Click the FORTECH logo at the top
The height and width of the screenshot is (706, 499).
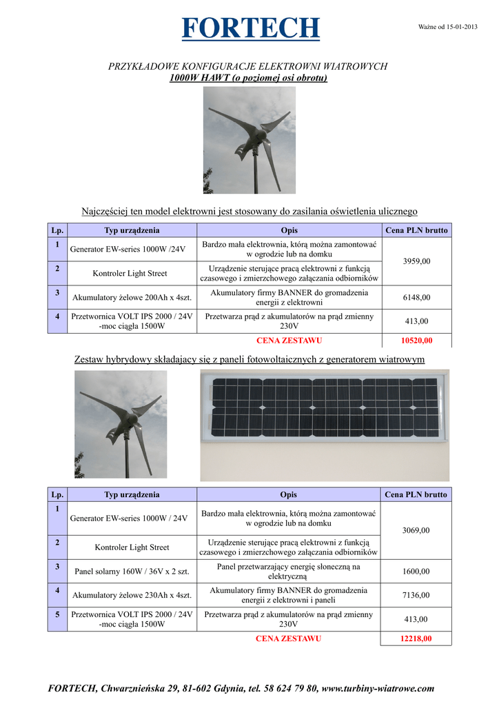pos(251,28)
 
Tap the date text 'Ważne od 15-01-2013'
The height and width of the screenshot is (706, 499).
pos(448,27)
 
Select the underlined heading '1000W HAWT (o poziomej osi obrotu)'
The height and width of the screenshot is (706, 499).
pos(248,78)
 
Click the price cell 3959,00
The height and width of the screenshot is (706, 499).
pos(416,261)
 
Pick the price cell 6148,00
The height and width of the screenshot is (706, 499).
pos(416,297)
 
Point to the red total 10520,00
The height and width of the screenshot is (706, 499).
pos(416,341)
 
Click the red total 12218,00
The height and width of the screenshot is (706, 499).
pos(416,638)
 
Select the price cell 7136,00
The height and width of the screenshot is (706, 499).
pos(416,595)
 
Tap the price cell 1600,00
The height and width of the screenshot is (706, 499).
pos(416,572)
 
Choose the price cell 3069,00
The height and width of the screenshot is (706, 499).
pos(416,530)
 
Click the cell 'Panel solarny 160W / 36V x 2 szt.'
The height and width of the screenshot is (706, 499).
pos(131,572)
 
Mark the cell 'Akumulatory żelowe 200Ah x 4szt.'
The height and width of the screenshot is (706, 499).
pos(130,298)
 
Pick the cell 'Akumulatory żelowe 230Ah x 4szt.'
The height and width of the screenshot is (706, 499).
pos(131,595)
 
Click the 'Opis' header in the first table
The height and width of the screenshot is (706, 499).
pos(289,230)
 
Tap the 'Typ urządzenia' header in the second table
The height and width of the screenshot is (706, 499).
pos(132,494)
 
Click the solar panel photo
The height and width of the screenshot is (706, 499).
pos(324,425)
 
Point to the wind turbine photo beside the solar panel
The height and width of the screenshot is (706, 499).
pos(121,424)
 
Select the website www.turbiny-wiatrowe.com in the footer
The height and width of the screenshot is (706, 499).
pos(378,688)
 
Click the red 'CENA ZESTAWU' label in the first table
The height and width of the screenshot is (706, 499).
pos(289,341)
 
